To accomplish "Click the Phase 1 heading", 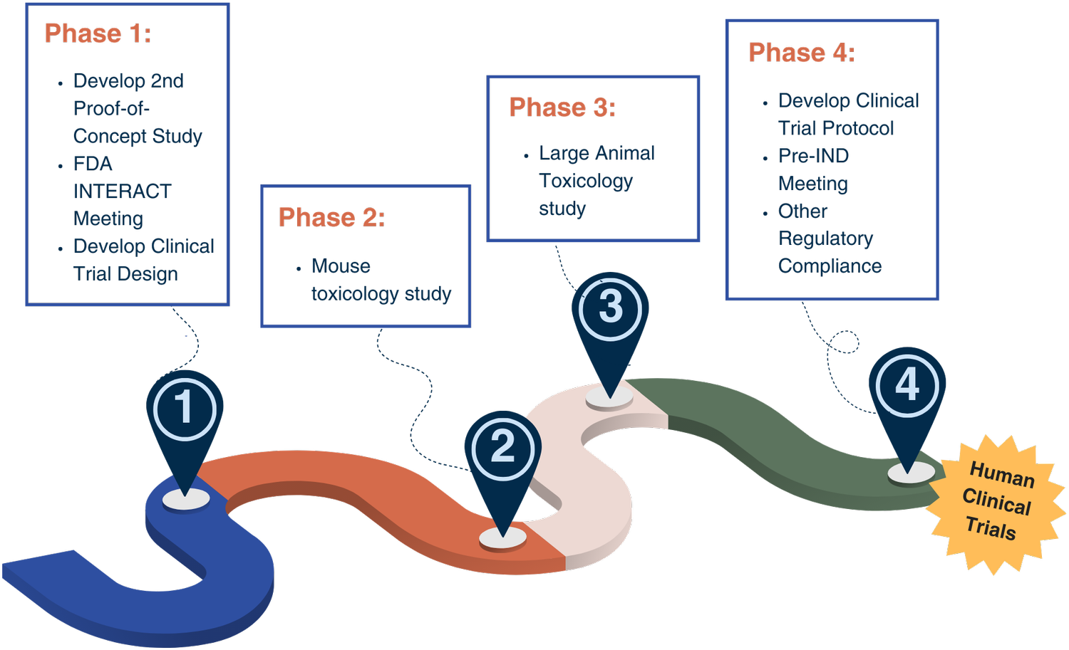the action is click(98, 33).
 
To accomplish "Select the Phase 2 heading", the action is click(331, 217).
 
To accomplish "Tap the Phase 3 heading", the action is click(562, 108).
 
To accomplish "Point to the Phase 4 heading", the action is click(802, 53).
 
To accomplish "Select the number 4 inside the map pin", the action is click(907, 383).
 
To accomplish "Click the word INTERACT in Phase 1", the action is click(122, 192).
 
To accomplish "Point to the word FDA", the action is click(93, 164).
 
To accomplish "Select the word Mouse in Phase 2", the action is click(341, 266).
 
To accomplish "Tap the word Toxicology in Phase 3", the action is click(586, 182).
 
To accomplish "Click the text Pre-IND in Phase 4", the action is click(813, 155).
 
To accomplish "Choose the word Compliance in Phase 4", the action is click(830, 266).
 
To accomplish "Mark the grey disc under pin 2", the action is click(502, 538).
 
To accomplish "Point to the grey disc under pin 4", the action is click(911, 472).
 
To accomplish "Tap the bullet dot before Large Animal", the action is click(526, 156).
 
